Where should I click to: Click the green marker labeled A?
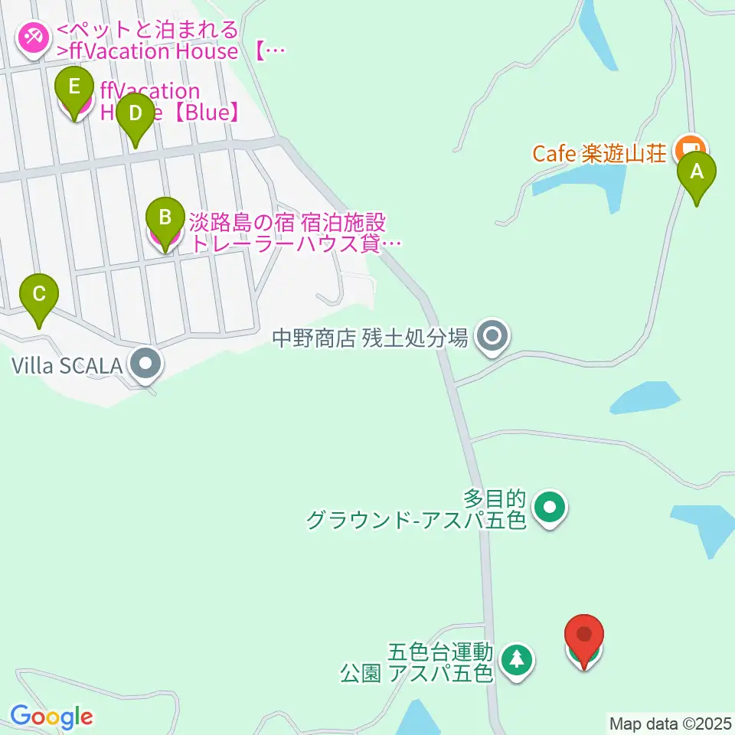point(696,174)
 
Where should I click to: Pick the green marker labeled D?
point(135,116)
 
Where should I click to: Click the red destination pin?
point(584,637)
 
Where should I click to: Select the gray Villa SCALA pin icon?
point(145,364)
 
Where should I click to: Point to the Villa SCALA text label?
point(67,365)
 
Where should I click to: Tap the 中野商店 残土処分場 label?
point(371,337)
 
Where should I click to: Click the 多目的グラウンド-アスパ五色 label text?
point(417,511)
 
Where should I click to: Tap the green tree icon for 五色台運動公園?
point(518,658)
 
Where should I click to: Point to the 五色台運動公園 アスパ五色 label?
point(417,663)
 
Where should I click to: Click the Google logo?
point(51,717)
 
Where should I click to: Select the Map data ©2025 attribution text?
point(671,723)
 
